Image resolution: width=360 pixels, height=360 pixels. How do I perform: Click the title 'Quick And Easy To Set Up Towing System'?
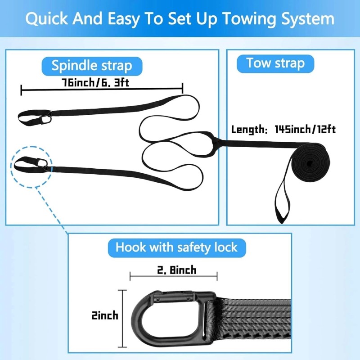pyautogui.click(x=180, y=19)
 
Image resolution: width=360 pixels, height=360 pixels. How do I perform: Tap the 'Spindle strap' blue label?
pyautogui.click(x=92, y=66)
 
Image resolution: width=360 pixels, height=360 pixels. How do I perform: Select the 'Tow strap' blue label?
pyautogui.click(x=275, y=63)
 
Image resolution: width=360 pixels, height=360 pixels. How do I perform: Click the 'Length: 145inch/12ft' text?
pyautogui.click(x=283, y=130)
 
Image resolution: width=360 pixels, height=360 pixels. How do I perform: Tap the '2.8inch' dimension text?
pyautogui.click(x=173, y=270)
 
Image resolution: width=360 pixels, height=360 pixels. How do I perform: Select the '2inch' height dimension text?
pyautogui.click(x=104, y=315)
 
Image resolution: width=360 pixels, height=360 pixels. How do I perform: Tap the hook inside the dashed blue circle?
pyautogui.click(x=43, y=165)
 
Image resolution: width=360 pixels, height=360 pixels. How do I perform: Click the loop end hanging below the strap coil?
pyautogui.click(x=281, y=202)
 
